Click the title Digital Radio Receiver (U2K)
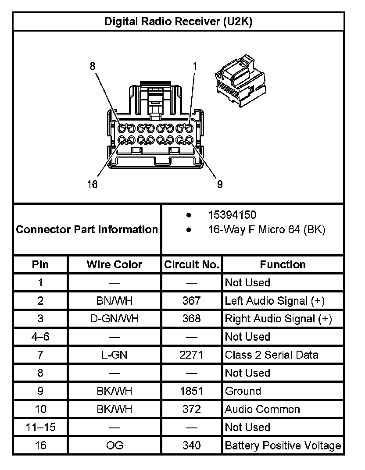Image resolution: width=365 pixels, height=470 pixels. pos(179,21)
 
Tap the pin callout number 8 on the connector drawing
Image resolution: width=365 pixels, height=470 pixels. pos(92,66)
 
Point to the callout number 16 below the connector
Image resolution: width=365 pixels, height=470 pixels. pos(92,184)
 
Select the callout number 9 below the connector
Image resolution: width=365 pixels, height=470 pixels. pos(220,184)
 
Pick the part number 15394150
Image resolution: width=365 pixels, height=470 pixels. pos(232,215)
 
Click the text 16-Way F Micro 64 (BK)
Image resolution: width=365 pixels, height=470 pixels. pos(266,230)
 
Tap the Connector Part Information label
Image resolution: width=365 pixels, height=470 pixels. pos(87,229)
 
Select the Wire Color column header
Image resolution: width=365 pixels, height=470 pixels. pos(115,264)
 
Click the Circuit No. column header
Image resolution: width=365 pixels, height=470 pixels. pos(191,264)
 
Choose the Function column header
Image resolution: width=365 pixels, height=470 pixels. pos(283,264)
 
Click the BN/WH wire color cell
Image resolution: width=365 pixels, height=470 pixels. pos(115,301)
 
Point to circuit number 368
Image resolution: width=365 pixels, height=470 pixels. pos(191,319)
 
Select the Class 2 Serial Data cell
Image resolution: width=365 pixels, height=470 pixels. pos(272,355)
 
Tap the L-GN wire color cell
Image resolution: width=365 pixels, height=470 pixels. pos(115,355)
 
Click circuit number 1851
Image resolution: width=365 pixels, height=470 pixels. pos(191,391)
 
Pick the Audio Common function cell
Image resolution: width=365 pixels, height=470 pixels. pos(262,409)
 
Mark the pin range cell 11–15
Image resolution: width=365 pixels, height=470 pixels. pos(40,427)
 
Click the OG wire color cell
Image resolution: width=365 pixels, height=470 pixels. pos(115,445)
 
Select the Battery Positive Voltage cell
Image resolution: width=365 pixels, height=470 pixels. pos(283,445)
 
